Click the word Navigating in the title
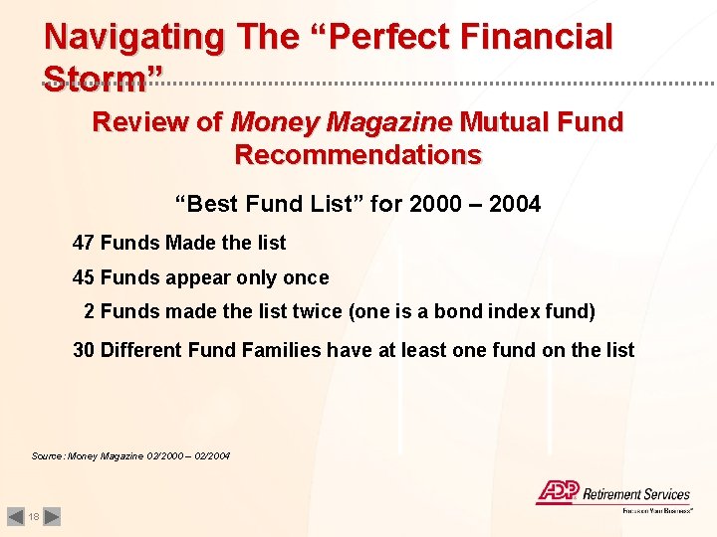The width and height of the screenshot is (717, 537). click(x=133, y=38)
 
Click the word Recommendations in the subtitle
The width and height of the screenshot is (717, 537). click(x=358, y=155)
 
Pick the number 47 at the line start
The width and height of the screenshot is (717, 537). click(x=84, y=243)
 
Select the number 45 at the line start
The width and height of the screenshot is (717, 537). click(x=84, y=277)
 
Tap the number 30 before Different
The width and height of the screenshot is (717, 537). click(x=84, y=350)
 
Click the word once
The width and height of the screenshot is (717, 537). click(x=305, y=277)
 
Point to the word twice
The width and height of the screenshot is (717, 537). click(x=318, y=312)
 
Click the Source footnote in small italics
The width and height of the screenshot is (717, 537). click(x=130, y=455)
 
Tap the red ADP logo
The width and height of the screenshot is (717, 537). click(x=555, y=491)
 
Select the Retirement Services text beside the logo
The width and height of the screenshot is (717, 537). click(x=635, y=494)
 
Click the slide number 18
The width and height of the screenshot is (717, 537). click(x=33, y=517)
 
